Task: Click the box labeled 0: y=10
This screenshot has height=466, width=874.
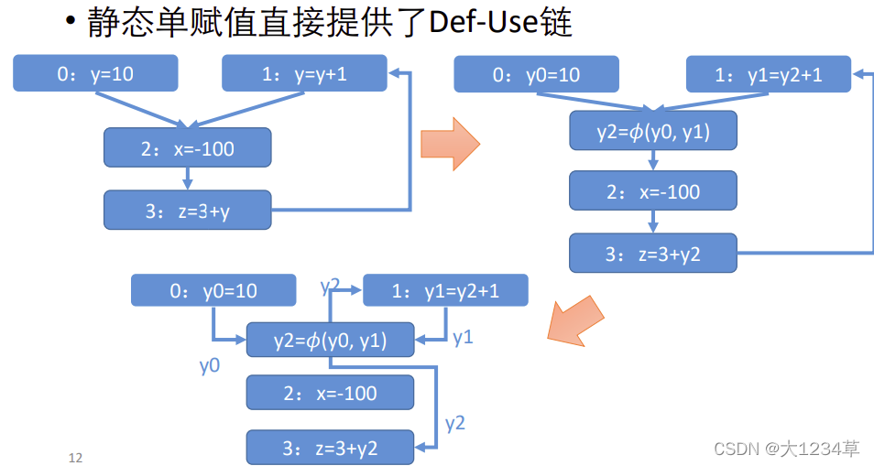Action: (95, 74)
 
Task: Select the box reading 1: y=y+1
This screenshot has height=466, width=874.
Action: (304, 74)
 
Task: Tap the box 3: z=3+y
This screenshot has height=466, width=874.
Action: (187, 210)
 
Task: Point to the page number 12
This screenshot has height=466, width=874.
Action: (75, 457)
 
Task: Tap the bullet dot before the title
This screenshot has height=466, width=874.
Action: (71, 22)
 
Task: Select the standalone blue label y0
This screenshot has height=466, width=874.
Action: (210, 366)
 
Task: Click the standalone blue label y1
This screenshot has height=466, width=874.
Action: (463, 338)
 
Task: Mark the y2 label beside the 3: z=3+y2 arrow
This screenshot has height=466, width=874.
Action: (455, 423)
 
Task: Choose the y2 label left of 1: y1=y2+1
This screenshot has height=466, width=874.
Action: (331, 286)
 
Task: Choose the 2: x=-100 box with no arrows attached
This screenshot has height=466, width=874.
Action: (330, 393)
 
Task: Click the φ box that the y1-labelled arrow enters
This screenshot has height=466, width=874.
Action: (330, 341)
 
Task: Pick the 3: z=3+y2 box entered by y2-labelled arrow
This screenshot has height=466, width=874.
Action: (330, 448)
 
